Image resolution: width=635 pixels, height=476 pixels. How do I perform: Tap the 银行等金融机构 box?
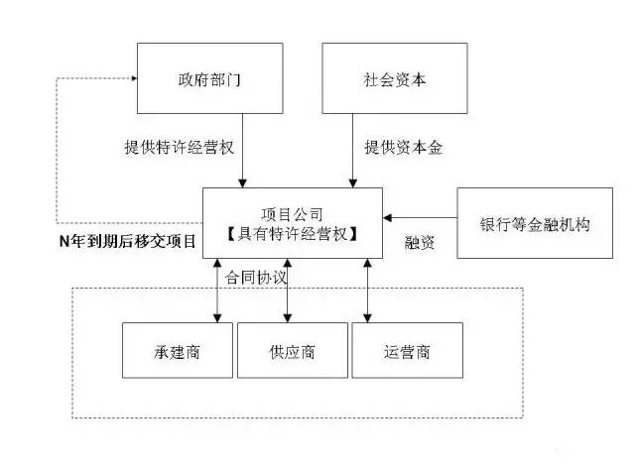pos(535,223)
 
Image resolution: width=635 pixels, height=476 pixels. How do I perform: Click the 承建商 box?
pos(178,350)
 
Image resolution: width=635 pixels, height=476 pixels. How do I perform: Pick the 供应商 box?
pos(293,350)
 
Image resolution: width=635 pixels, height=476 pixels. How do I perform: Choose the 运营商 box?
pos(408,350)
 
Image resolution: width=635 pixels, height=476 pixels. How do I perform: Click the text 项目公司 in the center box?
pos(292,214)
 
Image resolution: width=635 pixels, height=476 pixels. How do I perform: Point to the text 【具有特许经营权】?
pos(292,234)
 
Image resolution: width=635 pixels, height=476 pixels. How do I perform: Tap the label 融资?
pos(421,242)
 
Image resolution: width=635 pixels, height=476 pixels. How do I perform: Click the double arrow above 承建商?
pos(217,291)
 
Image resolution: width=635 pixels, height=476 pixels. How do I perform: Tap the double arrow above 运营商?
pos(368,291)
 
